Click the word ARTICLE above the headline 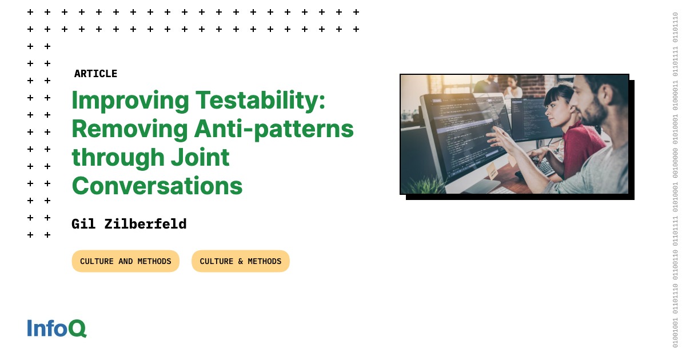coord(95,74)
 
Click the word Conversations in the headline coord(157,186)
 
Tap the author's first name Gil coord(83,224)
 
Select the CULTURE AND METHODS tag coord(125,261)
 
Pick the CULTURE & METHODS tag coord(240,261)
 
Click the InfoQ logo coord(57,329)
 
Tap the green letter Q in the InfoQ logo coord(78,329)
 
